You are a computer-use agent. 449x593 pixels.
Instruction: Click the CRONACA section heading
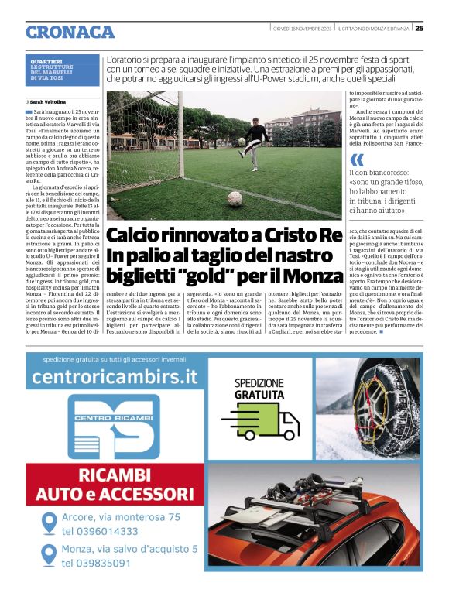coord(70,32)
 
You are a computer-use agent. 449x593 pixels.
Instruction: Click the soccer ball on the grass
coord(233,197)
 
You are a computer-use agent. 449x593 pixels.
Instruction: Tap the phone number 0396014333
coord(101,531)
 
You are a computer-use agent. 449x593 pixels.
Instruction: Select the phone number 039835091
coord(97,564)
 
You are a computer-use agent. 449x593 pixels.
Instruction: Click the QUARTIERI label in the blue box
coord(47,61)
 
